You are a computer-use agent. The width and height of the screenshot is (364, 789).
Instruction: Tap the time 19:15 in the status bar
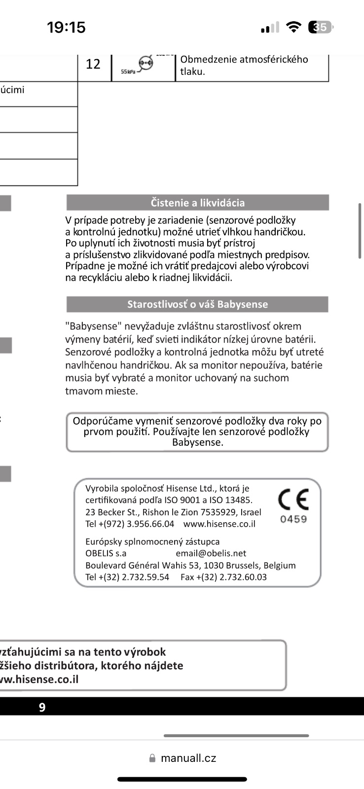coord(66,27)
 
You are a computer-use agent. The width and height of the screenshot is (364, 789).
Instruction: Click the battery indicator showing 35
coord(320,27)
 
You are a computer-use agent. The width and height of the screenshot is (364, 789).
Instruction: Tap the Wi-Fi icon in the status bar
coord(293,27)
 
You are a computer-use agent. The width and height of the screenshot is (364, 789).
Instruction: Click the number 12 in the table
coord(93,64)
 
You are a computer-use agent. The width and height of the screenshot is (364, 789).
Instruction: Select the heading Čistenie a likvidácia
coord(197,203)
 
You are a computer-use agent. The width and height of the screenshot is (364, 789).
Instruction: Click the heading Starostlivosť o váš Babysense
coord(197,304)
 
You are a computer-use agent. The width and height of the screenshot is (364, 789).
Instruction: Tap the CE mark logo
coord(293,499)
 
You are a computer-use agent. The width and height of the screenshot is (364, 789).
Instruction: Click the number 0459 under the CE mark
coord(293,519)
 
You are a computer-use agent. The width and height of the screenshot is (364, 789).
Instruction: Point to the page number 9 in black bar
coord(42,708)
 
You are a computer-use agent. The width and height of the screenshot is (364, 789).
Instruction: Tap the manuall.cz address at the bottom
coord(188,758)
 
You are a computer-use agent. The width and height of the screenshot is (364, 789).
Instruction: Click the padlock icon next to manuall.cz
coord(152,758)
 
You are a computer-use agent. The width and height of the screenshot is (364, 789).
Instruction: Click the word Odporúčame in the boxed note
coord(103,421)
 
